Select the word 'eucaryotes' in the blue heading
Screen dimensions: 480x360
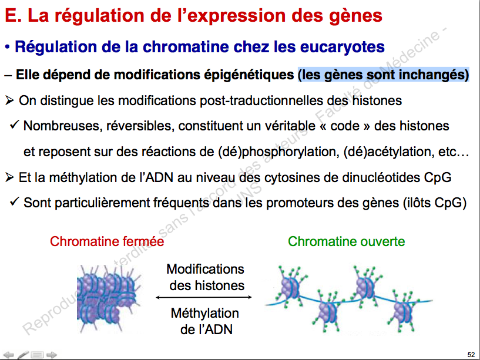(343, 47)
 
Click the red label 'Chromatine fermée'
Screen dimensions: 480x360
(107, 241)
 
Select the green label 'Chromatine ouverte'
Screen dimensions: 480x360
(346, 241)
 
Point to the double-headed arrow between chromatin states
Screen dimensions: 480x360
(203, 297)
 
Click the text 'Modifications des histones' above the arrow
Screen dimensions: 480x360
(206, 277)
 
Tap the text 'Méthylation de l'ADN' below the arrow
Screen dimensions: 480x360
(206, 321)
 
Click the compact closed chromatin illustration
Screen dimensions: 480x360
(108, 299)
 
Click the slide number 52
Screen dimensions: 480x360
(471, 355)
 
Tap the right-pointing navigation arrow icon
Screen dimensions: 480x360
(52, 355)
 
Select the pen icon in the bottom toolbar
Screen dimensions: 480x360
(24, 355)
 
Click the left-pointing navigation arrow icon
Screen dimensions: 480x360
(8, 355)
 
